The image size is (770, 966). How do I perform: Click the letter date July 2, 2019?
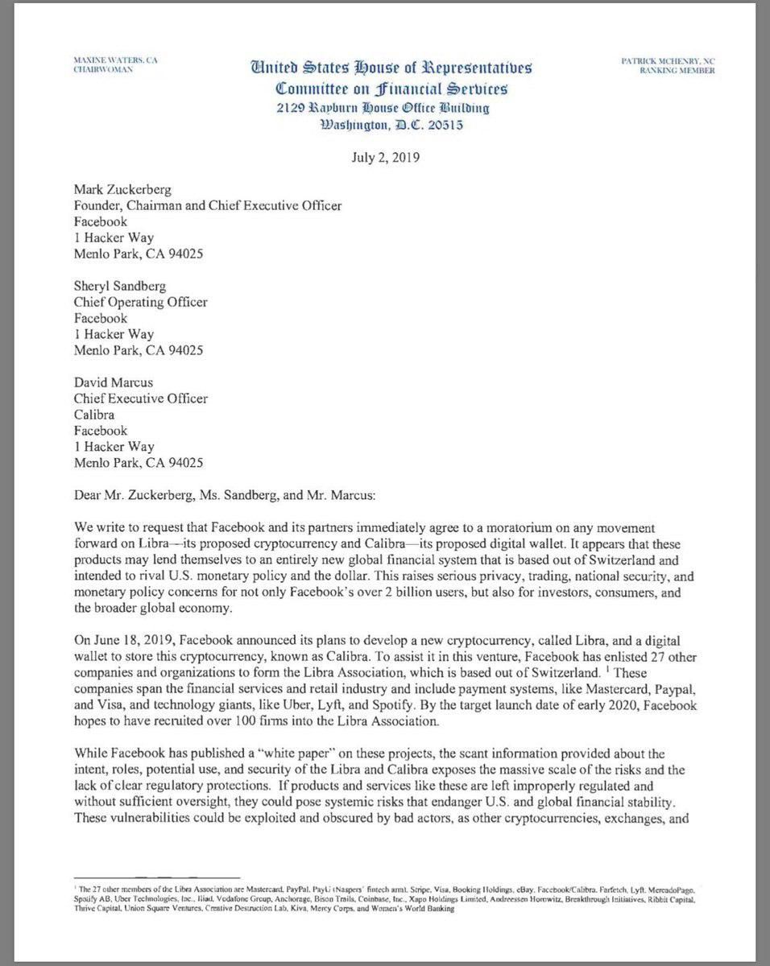click(x=385, y=157)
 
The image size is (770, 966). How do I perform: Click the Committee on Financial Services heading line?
click(x=391, y=89)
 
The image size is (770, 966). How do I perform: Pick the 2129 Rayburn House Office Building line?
click(x=383, y=108)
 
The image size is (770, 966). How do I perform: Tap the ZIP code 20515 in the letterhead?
click(x=445, y=125)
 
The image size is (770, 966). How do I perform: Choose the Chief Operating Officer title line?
click(x=141, y=303)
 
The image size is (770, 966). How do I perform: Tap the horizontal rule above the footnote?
click(x=157, y=877)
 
